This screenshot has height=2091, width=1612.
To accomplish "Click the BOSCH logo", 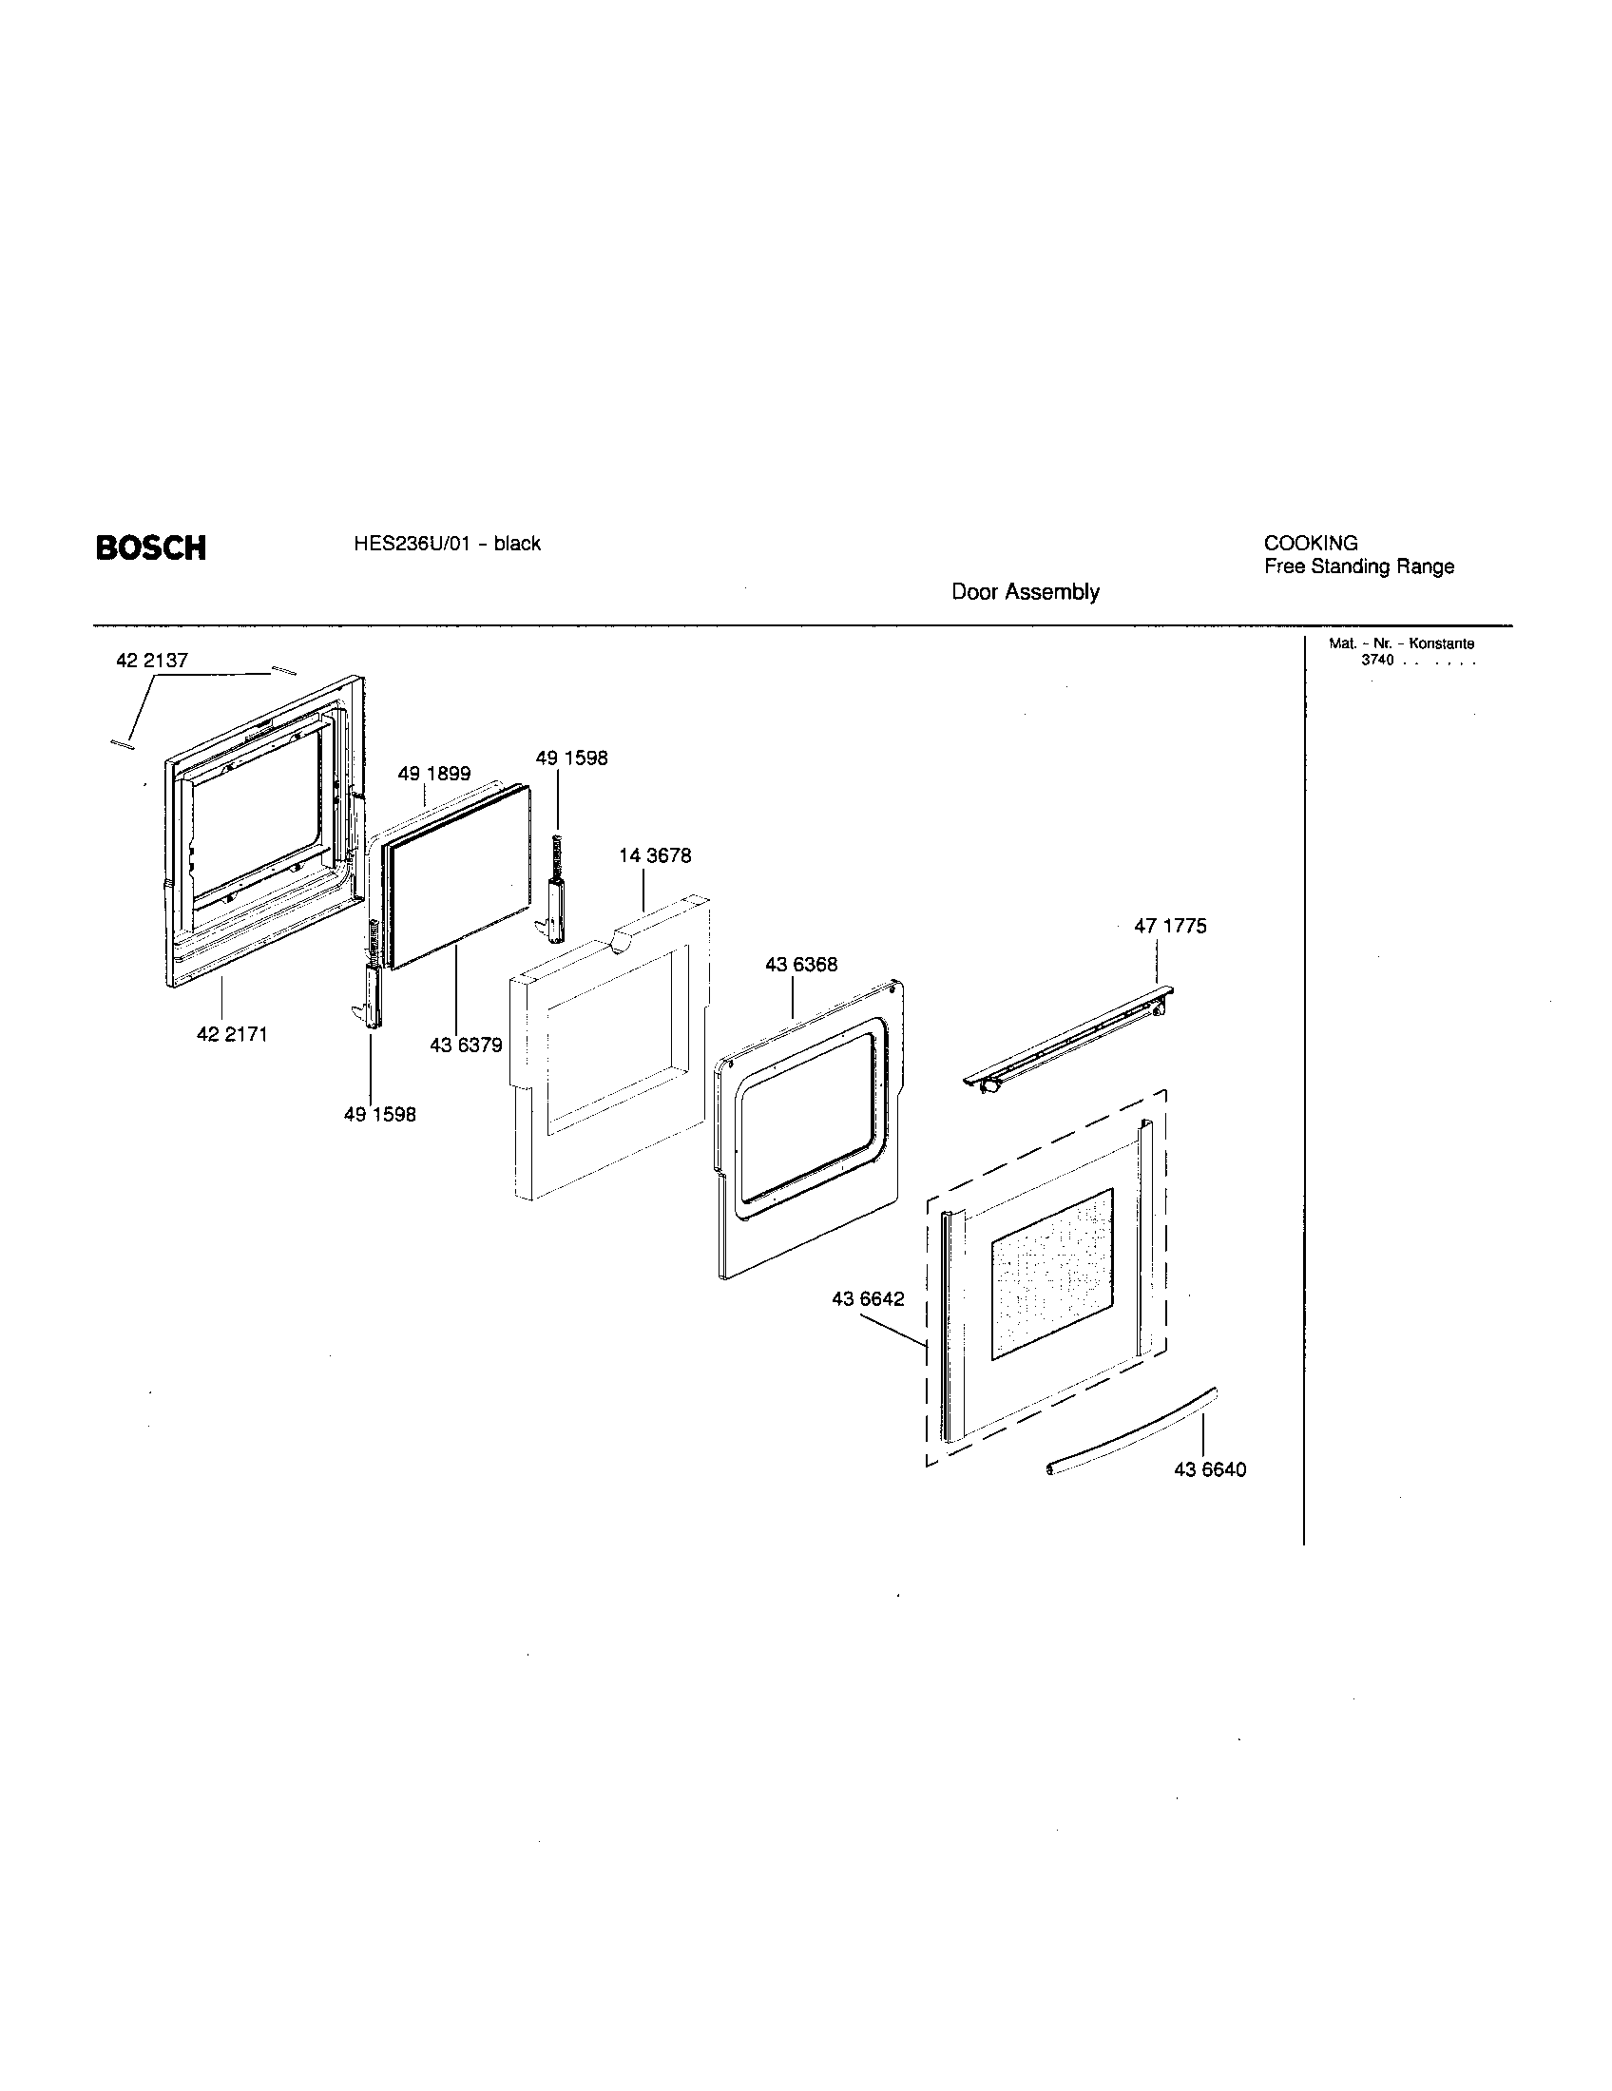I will [x=150, y=547].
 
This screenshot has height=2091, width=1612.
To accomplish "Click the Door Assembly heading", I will [x=1025, y=592].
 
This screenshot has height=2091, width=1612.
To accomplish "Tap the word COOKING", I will [x=1311, y=543].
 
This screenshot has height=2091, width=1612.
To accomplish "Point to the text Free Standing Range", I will [x=1358, y=566].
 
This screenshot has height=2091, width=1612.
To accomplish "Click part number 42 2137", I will [x=151, y=661].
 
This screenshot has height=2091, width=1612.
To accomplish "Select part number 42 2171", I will [x=232, y=1034].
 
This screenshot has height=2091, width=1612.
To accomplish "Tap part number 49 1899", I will [x=433, y=774].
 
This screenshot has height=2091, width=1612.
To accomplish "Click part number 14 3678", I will [x=655, y=855].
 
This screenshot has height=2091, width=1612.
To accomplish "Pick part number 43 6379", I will [x=465, y=1045].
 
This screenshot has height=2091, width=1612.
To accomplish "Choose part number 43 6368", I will [x=800, y=964].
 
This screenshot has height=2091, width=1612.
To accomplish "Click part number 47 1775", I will [x=1170, y=926].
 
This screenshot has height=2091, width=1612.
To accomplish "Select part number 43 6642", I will [x=867, y=1299].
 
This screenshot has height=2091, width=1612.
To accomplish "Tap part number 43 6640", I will [x=1210, y=1469].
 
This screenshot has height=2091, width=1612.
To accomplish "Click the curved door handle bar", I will [x=1129, y=1432].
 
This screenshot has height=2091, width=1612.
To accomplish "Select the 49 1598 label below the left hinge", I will [x=380, y=1115].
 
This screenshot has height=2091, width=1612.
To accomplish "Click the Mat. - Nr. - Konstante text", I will [x=1401, y=644].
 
